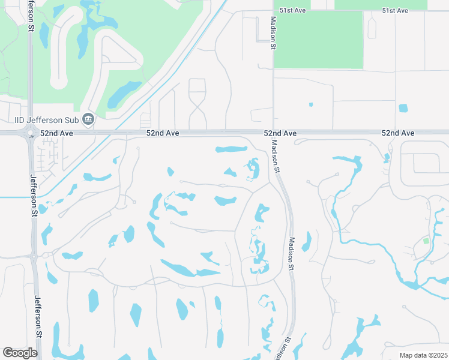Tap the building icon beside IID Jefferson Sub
88,119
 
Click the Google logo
20,353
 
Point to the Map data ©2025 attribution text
423,355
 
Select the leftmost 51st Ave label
294,11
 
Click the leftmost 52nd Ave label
56,133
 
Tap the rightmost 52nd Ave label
398,133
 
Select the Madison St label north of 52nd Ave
273,32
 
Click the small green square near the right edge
426,241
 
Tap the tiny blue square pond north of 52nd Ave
311,104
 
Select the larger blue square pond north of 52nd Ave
403,108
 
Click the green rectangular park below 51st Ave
318,39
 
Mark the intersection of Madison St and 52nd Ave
273,133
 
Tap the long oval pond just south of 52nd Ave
231,149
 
